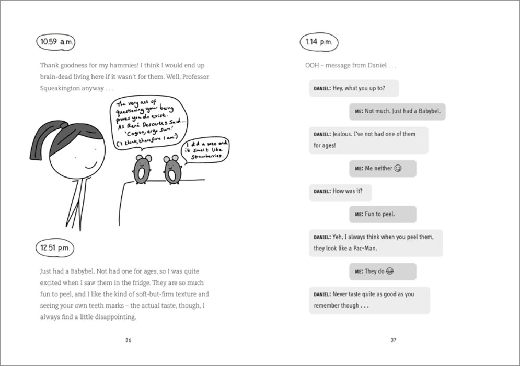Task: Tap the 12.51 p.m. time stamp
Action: [55, 247]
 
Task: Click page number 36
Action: [129, 340]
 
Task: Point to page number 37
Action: [394, 340]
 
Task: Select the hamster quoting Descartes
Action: [141, 169]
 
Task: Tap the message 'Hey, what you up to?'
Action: [353, 88]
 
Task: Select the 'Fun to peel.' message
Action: [383, 214]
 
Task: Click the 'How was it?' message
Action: [340, 192]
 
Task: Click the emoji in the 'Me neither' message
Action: [398, 169]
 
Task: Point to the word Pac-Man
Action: [365, 249]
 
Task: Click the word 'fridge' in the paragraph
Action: [143, 282]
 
